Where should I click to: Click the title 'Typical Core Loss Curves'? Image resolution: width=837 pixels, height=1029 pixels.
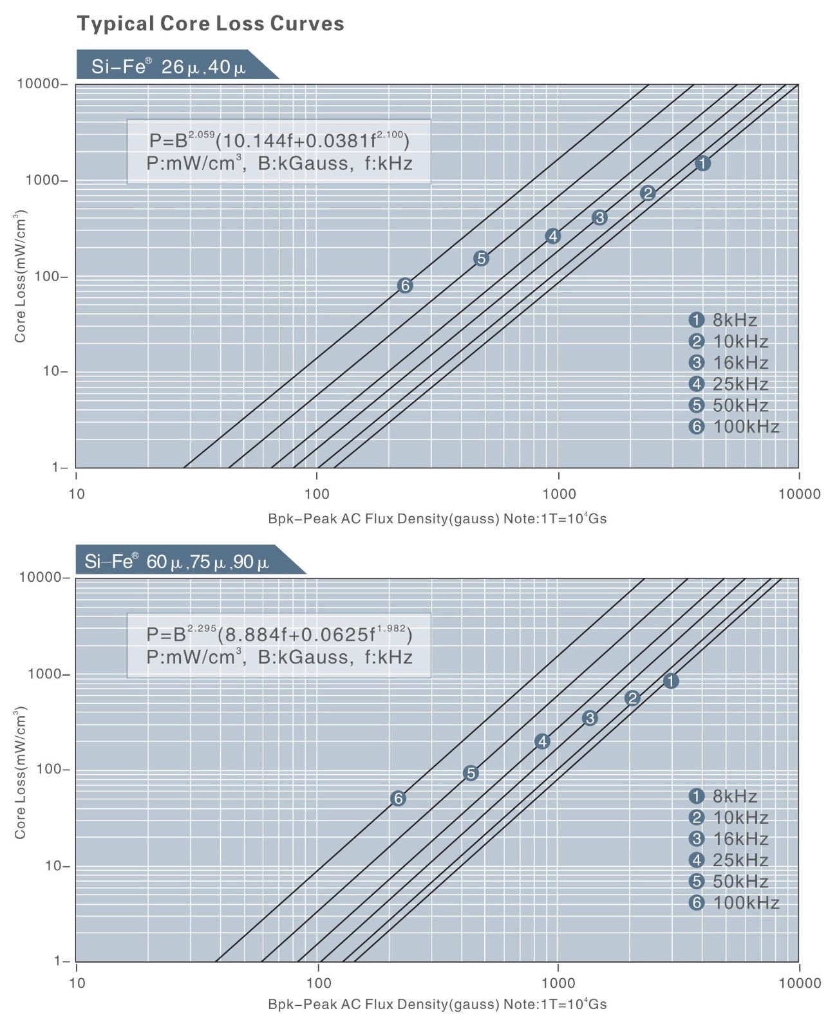point(211,24)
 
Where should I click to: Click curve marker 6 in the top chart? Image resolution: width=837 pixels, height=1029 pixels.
point(404,285)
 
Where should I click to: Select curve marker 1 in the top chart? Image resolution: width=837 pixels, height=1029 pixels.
point(702,163)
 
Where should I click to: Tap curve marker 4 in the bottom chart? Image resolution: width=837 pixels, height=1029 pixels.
point(542,741)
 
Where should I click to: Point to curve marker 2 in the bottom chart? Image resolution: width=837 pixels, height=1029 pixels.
point(632,698)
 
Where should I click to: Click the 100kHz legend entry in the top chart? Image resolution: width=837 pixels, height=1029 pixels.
point(734,427)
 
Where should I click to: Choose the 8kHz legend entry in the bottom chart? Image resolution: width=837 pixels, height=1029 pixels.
point(723,796)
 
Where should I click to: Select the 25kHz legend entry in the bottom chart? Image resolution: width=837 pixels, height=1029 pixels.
point(728,860)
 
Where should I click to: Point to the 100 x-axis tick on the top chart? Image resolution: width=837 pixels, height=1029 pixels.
point(317,494)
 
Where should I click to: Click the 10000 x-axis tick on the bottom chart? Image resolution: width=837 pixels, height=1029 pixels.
point(799,983)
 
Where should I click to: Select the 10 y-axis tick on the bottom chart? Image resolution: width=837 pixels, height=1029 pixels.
point(55,866)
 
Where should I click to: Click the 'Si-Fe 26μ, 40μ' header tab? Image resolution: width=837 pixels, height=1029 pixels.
point(169,66)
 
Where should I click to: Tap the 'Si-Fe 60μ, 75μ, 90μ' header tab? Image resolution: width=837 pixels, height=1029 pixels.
point(177,562)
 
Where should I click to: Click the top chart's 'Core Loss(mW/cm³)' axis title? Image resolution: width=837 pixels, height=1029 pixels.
point(21,276)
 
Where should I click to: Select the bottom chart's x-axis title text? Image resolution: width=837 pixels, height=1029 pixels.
point(437,1004)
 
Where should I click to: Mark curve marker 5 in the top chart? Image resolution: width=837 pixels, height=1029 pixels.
point(481,258)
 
